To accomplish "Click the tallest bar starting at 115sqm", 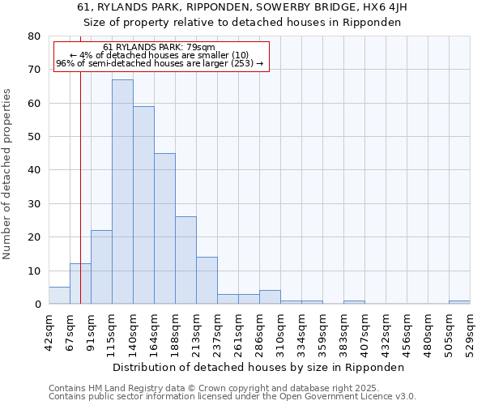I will tap(122, 192).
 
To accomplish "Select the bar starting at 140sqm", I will tap(143, 205).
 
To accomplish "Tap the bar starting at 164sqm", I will tap(164, 228).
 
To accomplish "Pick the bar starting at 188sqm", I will tap(185, 260).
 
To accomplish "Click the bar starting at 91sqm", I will tap(101, 267).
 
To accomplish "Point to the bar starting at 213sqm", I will tap(207, 280).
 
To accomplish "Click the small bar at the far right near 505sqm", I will tap(459, 302).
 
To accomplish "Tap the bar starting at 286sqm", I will tap(270, 297).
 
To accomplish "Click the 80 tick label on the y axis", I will tap(33, 36).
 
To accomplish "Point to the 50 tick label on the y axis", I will tap(33, 137).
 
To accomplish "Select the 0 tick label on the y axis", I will tap(36, 305).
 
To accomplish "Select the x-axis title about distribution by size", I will tap(258, 367).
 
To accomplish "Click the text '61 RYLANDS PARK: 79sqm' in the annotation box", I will tap(160, 47).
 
